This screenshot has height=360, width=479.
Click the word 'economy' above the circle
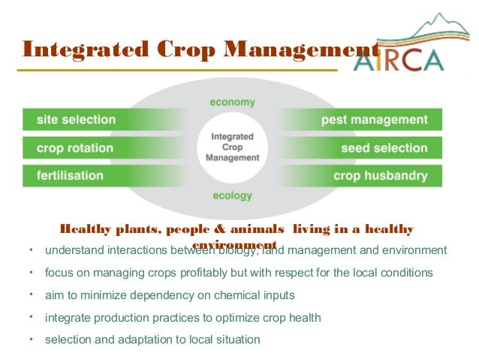pos(232,101)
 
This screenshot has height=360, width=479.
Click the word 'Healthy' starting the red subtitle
pos(85,229)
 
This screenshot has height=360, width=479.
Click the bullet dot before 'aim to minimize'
pos(31,294)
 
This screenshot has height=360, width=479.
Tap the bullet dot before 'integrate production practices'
pos(31,316)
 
